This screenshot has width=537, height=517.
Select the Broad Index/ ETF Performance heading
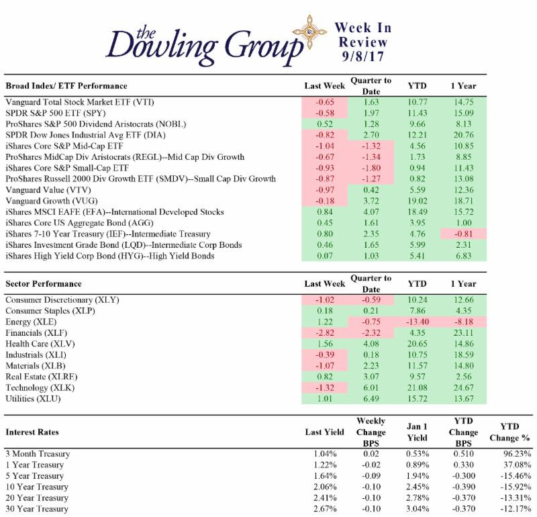[66, 87]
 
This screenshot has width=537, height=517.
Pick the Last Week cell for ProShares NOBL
[325, 124]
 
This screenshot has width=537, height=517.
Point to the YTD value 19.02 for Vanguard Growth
[416, 200]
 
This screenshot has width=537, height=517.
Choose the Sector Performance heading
[44, 284]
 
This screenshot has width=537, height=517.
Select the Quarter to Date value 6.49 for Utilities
[371, 399]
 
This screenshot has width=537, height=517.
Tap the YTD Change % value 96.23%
[512, 454]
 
